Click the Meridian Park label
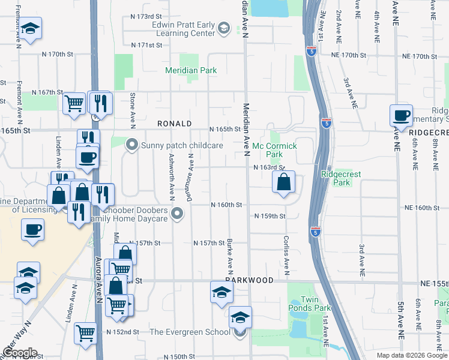pos(191,71)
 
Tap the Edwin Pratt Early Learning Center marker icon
pos(223,28)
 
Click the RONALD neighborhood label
pos(174,124)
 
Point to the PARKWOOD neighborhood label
pos(249,280)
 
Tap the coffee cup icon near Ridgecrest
pos(401,115)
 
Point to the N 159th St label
pos(270,216)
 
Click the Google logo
pos(20,352)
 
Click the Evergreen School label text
pos(189,332)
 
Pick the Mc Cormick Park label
pos(276,150)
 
